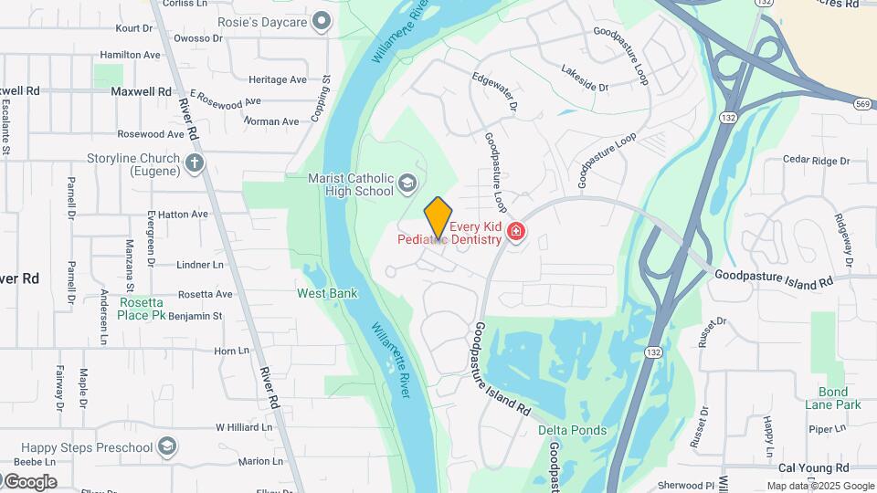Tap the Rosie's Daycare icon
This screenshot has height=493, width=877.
[x=322, y=19]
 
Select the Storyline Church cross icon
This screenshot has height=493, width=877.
[x=194, y=163]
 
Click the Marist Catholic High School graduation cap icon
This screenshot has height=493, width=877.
[x=407, y=185]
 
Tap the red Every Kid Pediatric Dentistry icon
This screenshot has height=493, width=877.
[x=517, y=233]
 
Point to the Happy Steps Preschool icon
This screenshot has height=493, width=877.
[x=166, y=446]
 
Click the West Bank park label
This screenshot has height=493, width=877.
[x=327, y=293]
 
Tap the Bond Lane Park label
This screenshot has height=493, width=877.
[x=833, y=398]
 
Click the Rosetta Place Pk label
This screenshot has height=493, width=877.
[x=140, y=309]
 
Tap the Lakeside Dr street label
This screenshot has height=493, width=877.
[x=585, y=79]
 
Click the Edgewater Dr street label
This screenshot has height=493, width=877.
[x=494, y=92]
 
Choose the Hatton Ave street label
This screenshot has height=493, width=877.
[x=183, y=214]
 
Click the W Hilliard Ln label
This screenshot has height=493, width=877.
[x=244, y=426]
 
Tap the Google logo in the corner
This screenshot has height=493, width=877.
[x=30, y=481]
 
